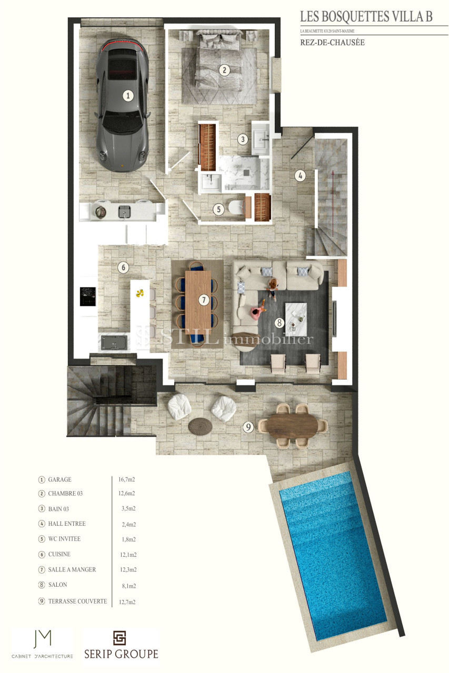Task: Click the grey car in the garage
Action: click(x=123, y=105)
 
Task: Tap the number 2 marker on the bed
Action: click(x=224, y=70)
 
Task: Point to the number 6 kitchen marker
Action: click(x=123, y=268)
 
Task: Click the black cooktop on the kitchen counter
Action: click(x=88, y=296)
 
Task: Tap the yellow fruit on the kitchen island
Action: click(x=140, y=293)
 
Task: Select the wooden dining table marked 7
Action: click(x=198, y=302)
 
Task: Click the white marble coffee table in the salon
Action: click(x=296, y=319)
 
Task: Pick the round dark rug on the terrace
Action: click(x=200, y=426)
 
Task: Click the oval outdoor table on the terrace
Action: click(x=292, y=426)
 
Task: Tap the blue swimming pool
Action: click(x=333, y=558)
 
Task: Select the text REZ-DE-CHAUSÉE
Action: click(x=332, y=43)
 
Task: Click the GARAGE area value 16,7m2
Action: click(x=127, y=480)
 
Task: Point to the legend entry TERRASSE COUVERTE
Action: click(x=77, y=601)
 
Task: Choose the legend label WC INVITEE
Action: click(x=64, y=539)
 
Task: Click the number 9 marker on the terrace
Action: click(x=248, y=427)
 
